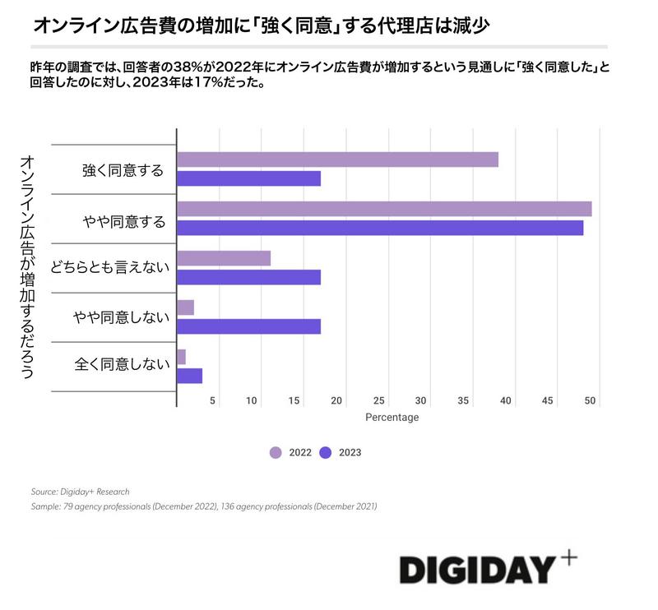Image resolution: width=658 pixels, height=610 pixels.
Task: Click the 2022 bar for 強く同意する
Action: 337,159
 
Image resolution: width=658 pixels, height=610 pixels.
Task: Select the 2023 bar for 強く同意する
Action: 248,178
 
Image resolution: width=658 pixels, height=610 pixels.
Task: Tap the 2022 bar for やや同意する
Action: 384,209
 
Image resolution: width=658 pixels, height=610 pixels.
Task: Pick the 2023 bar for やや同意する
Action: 380,228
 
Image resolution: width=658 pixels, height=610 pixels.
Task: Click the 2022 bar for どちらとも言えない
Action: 224,258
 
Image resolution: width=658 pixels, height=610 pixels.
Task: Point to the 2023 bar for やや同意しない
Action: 248,326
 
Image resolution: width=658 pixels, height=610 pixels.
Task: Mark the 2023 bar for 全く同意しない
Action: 190,376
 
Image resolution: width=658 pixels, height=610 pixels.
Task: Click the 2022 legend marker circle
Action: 276,452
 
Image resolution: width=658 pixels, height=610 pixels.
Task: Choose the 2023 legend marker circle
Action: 326,452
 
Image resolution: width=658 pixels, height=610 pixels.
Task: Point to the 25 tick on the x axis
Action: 379,400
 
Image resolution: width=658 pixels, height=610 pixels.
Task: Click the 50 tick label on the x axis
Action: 590,400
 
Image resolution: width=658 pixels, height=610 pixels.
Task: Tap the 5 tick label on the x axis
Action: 213,400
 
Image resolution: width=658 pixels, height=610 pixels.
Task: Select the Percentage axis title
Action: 392,418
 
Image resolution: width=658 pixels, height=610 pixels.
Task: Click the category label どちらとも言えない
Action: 109,268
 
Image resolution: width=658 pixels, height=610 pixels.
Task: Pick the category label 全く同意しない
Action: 120,363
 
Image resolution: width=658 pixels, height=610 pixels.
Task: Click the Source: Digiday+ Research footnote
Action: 80,492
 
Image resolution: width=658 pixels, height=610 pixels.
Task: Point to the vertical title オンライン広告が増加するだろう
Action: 26,267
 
